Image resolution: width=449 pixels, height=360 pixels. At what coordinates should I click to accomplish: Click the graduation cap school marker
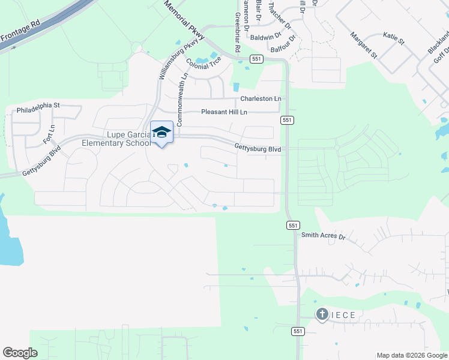pyautogui.click(x=161, y=131)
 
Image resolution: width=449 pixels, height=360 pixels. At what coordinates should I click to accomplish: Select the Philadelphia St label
pyautogui.click(x=38, y=111)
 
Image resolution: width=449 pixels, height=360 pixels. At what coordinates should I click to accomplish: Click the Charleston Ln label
pyautogui.click(x=261, y=99)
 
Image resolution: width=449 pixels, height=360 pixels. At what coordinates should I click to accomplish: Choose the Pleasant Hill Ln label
pyautogui.click(x=224, y=112)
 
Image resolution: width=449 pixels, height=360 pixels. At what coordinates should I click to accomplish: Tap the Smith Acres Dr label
pyautogui.click(x=324, y=236)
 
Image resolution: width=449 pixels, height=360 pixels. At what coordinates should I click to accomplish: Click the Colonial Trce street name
pyautogui.click(x=203, y=62)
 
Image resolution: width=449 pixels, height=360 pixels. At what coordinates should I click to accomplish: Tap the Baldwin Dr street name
pyautogui.click(x=265, y=37)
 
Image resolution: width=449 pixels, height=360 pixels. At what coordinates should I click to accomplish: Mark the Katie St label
pyautogui.click(x=394, y=38)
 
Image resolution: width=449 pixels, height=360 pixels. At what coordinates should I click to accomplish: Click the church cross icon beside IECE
pyautogui.click(x=322, y=314)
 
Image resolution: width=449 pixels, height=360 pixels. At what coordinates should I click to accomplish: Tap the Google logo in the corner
pyautogui.click(x=20, y=353)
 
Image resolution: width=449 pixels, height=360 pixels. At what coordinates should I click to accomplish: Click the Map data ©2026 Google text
pyautogui.click(x=412, y=355)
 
